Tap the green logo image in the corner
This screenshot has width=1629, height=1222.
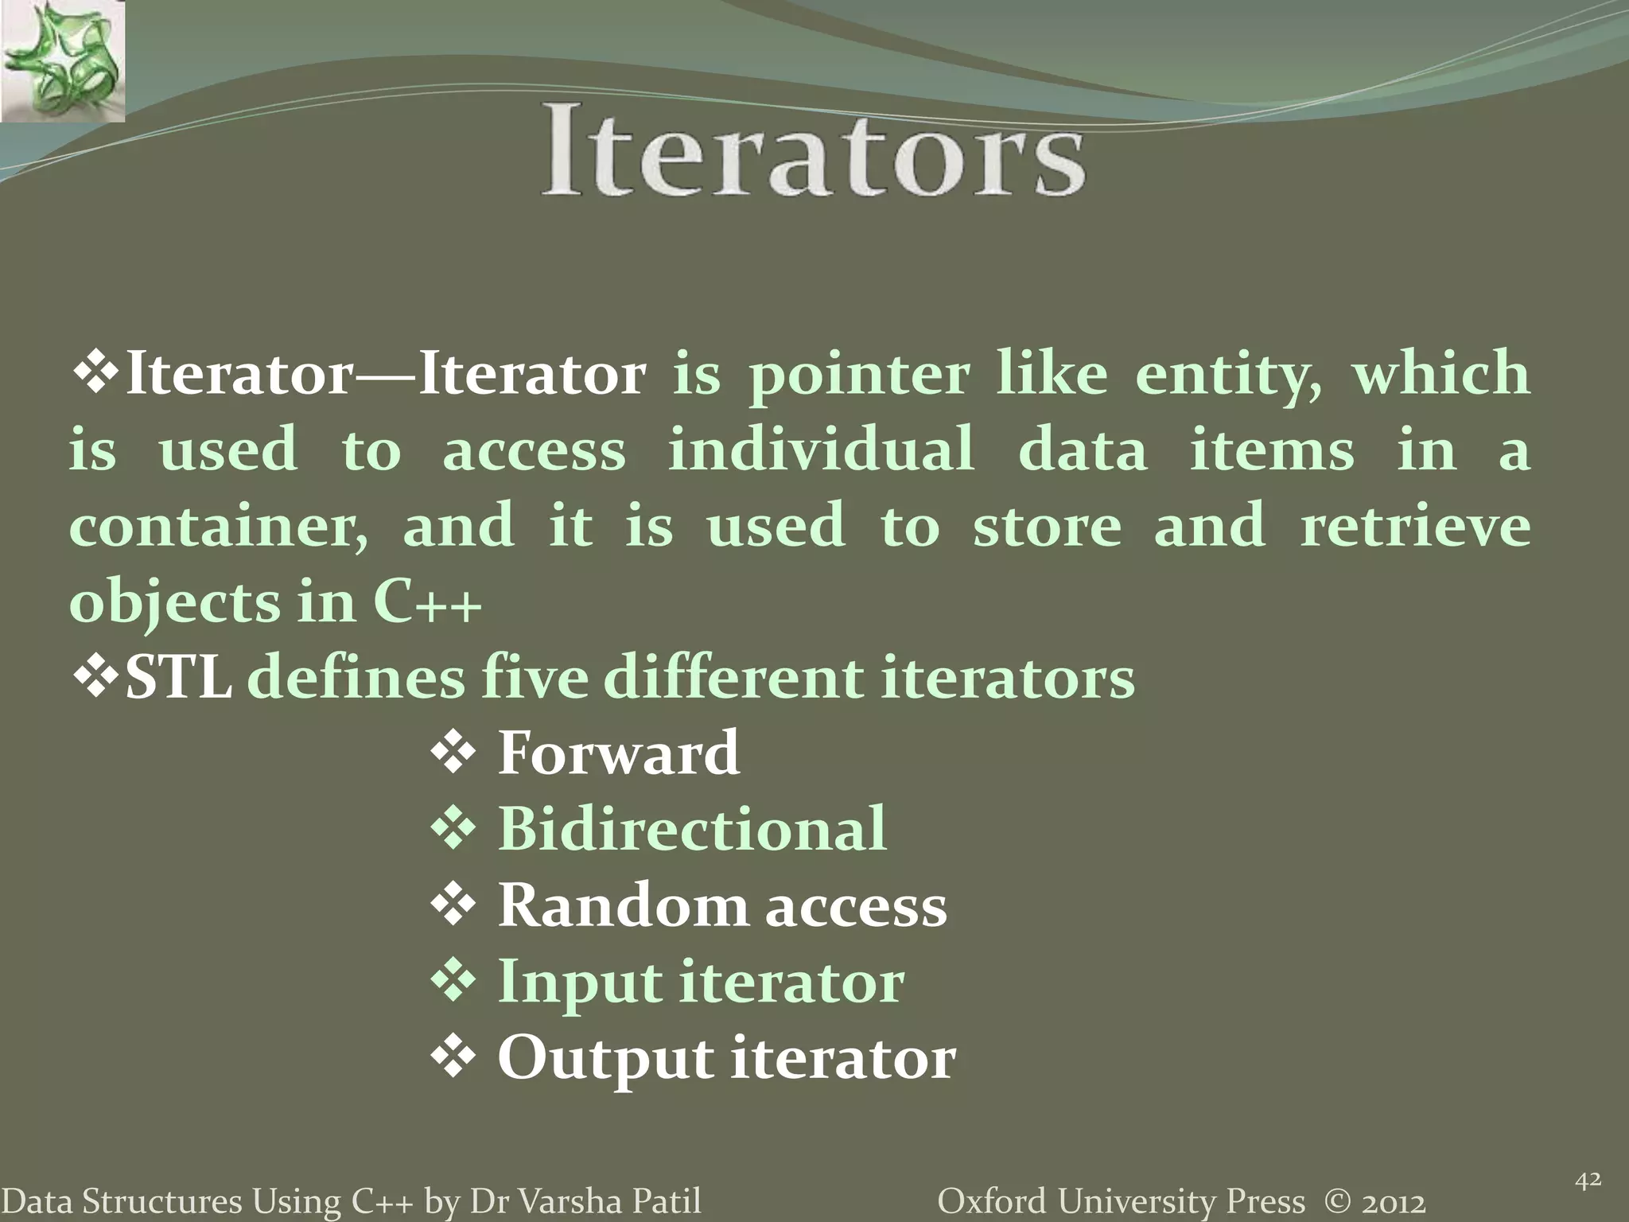coord(62,61)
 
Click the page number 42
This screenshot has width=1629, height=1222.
coord(1588,1181)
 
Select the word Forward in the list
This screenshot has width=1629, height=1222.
coord(618,753)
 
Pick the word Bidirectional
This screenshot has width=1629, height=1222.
coord(691,829)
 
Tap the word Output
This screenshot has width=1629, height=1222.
coord(604,1059)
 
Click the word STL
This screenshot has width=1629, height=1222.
coord(179,679)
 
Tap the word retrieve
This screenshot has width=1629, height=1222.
coord(1414,526)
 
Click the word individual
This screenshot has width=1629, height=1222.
coord(821,449)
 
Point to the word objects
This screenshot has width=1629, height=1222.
coord(174,604)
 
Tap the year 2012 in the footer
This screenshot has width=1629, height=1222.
coord(1392,1201)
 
